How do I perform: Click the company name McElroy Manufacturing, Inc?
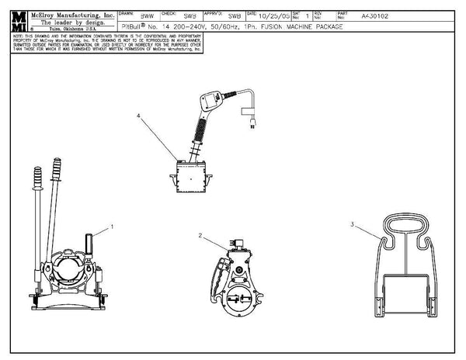tap(71, 15)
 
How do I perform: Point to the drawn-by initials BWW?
tap(147, 16)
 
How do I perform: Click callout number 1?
tap(113, 227)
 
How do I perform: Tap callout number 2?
tap(200, 235)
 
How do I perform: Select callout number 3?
tap(352, 225)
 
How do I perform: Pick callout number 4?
tap(139, 116)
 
